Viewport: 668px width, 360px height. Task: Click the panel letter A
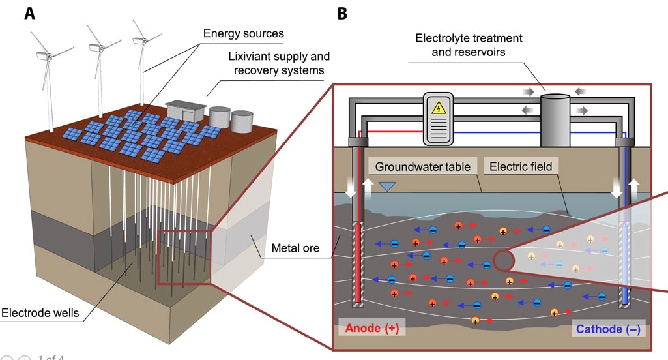tap(29, 13)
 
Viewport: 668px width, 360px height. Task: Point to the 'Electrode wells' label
tap(40, 313)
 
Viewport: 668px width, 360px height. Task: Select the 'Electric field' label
tap(521, 166)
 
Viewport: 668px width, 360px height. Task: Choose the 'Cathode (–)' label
tap(607, 329)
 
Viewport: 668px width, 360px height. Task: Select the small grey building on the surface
tap(185, 111)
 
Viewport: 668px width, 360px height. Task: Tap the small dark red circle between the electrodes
tap(502, 260)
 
